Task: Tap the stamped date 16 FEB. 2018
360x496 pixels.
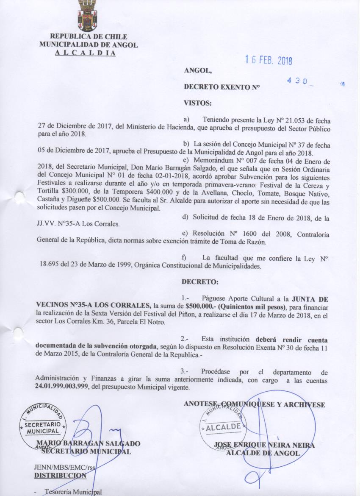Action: [269, 61]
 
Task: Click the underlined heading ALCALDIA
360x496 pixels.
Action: [85, 53]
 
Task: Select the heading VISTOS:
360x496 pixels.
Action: [197, 103]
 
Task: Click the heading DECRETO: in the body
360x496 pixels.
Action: [200, 281]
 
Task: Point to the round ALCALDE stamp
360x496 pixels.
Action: [223, 426]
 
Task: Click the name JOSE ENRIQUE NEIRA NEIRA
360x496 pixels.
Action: [265, 445]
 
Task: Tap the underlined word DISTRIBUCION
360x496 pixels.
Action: [60, 475]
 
